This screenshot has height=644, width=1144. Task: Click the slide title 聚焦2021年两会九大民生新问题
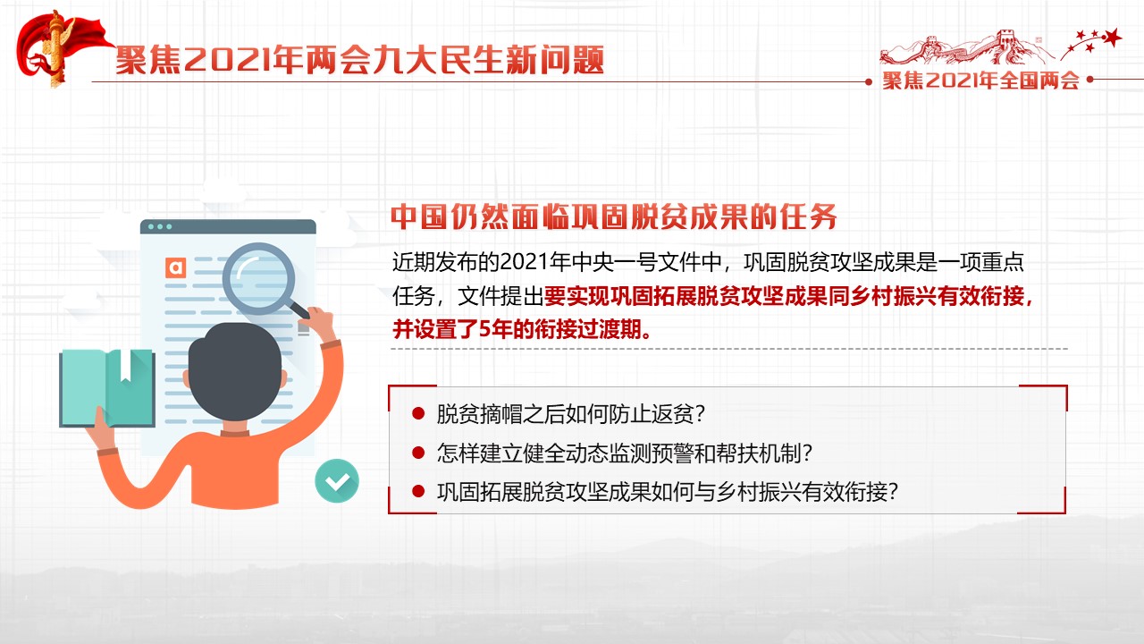coord(360,60)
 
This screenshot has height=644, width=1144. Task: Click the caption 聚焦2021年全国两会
coord(980,80)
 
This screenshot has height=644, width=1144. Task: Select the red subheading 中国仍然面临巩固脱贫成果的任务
coord(613,216)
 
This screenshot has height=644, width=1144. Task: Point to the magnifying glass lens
coord(258,278)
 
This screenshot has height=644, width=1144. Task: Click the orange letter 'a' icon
coord(176,267)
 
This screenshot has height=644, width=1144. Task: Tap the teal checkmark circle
coord(337,480)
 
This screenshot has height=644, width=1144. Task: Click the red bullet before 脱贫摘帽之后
coord(418,413)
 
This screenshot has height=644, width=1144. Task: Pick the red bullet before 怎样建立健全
coord(418,453)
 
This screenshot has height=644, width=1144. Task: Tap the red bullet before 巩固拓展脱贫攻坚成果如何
coord(418,491)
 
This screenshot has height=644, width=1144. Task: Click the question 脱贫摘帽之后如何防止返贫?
coord(570,413)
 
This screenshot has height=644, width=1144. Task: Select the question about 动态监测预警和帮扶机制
coord(624,453)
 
